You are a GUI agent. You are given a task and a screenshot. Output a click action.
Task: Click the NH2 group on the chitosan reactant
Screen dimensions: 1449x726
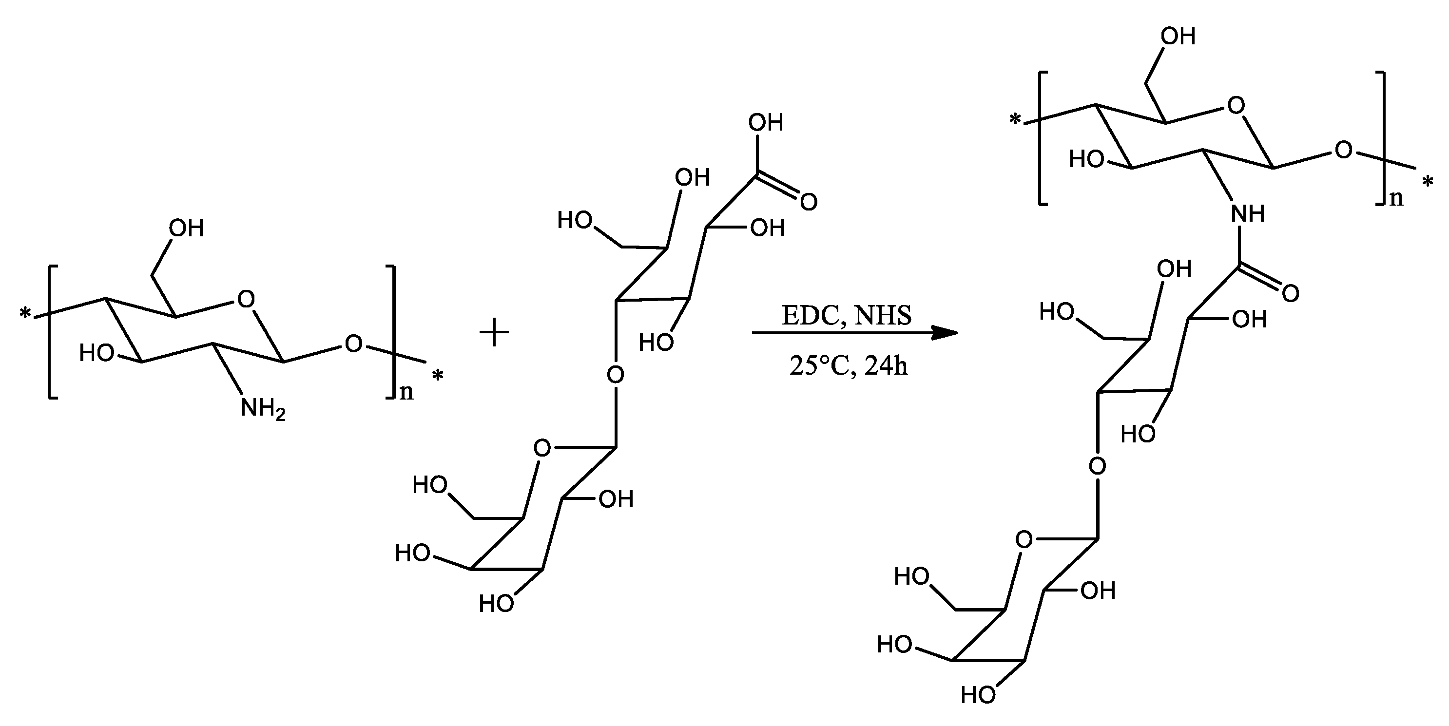click(262, 409)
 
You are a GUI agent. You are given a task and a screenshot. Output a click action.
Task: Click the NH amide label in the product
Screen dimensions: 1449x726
click(1248, 214)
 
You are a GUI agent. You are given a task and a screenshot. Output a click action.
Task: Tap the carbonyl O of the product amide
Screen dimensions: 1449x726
click(1291, 293)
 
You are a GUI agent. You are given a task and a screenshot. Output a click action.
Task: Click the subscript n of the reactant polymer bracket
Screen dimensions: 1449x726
click(406, 391)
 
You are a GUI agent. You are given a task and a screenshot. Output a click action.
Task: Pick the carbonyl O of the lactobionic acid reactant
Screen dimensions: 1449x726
click(808, 202)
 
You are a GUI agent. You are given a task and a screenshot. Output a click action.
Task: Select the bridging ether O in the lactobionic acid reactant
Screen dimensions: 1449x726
click(616, 374)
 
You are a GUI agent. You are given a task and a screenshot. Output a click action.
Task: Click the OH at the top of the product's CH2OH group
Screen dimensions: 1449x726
click(1178, 37)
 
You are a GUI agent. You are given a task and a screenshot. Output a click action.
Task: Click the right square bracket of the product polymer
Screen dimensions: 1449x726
click(1382, 138)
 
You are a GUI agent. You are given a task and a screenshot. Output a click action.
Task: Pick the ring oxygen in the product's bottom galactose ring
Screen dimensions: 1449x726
click(1024, 540)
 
